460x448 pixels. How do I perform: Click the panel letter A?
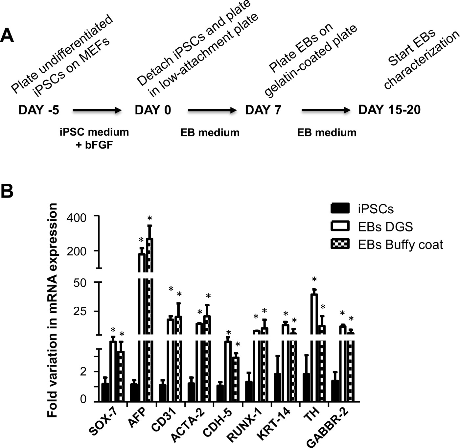point(7,36)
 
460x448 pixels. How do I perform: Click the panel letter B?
point(7,191)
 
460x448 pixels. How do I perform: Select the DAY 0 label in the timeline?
point(153,110)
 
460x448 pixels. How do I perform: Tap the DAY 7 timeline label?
point(263,110)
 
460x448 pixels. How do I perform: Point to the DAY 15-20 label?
point(389,110)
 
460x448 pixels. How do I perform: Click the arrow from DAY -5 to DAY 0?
point(97,111)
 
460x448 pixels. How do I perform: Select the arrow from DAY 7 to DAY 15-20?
point(326,111)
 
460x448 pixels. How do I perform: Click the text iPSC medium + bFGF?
point(94,138)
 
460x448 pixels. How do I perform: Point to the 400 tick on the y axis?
point(77,218)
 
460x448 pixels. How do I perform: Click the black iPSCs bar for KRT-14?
point(278,387)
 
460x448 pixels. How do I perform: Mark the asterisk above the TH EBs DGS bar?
point(314,280)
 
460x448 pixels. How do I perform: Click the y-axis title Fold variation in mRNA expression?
point(53,310)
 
